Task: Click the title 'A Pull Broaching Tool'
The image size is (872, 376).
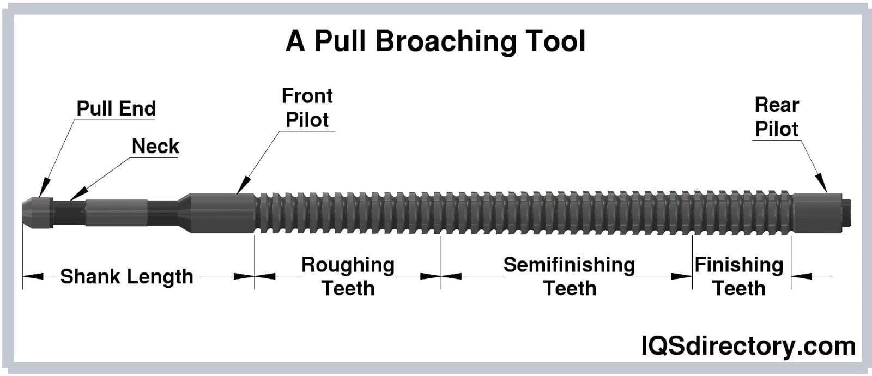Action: (x=435, y=41)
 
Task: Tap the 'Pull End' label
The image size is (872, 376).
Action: (x=116, y=108)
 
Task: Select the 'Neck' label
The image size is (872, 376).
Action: (x=155, y=146)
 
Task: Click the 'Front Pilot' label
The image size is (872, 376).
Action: (x=307, y=108)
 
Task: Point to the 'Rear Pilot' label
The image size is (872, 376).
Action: (x=776, y=117)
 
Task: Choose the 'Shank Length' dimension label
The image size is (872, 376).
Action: (x=126, y=276)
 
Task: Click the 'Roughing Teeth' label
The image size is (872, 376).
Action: (x=348, y=276)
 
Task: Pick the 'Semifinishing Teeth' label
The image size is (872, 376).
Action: (x=569, y=276)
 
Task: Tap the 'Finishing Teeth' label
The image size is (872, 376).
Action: (x=738, y=276)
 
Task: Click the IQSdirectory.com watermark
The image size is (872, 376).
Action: (x=748, y=346)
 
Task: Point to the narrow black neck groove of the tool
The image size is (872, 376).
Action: (x=68, y=213)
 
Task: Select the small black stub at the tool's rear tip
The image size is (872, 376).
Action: (x=846, y=213)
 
